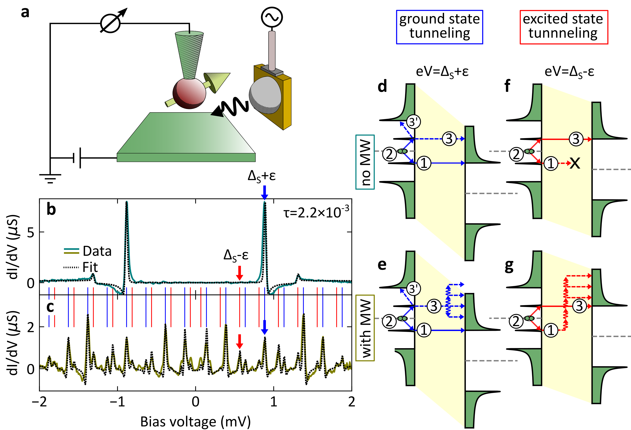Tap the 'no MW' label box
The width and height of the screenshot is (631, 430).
point(365,162)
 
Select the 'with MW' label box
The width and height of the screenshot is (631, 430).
point(365,328)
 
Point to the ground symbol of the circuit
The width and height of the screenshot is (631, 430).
point(50,178)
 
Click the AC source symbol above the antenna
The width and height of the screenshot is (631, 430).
point(272,17)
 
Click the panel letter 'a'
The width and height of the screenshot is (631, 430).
point(25,12)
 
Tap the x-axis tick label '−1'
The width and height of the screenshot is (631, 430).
point(117,401)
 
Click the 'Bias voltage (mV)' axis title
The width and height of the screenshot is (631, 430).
point(195,422)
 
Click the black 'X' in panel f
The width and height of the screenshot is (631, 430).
point(575,163)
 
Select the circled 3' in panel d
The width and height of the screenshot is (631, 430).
point(413,122)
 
